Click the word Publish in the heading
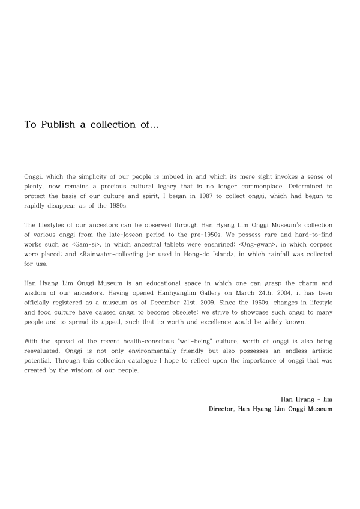[56, 125]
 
